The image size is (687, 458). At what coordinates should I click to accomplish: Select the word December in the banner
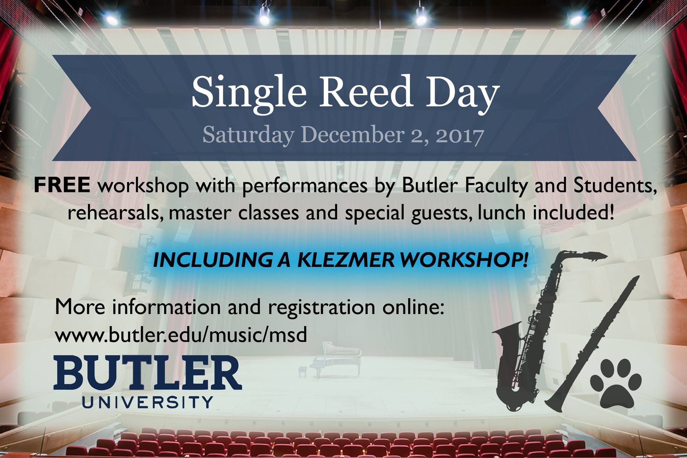[x=352, y=135]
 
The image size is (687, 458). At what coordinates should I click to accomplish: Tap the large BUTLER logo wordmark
[x=148, y=372]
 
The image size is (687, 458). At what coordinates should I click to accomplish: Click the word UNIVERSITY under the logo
[x=148, y=402]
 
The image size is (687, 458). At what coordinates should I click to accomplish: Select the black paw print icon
[x=616, y=384]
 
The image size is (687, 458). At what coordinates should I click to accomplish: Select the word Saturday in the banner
[x=248, y=135]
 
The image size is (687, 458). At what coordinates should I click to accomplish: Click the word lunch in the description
[x=498, y=212]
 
